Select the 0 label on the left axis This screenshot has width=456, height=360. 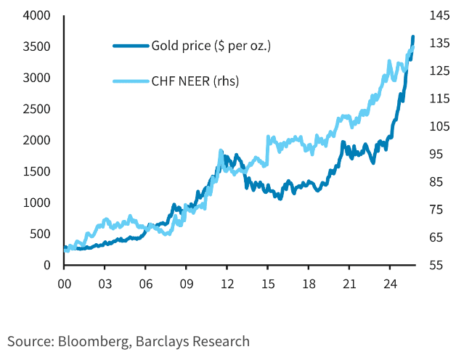coord(46,265)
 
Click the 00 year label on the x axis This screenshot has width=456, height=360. coord(64,284)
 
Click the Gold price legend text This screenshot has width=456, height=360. coord(211,46)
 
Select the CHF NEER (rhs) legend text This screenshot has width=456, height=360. coord(195,81)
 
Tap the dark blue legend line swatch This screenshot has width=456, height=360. coord(131,46)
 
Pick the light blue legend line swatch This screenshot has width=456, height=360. coord(131,81)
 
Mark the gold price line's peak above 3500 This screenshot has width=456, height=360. coord(412,36)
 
